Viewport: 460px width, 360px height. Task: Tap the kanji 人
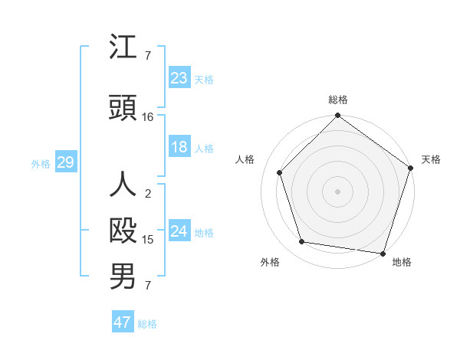[123, 185]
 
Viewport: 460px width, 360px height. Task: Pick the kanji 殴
[123, 231]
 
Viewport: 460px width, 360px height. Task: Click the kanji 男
[123, 277]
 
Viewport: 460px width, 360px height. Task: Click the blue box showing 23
[179, 78]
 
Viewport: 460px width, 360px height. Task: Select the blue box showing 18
[179, 147]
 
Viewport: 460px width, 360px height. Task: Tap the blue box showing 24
[179, 231]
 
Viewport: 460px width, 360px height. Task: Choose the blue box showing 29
[64, 162]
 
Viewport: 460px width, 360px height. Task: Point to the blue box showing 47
[123, 322]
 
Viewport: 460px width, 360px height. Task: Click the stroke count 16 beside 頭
[148, 117]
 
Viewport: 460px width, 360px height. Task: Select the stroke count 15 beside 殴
[148, 240]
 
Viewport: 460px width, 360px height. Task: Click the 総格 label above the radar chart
[338, 100]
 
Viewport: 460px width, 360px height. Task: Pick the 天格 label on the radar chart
[431, 159]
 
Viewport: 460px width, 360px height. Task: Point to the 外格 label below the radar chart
[269, 262]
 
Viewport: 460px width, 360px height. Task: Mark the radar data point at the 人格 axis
[280, 172]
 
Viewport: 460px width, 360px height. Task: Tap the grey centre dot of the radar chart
[337, 191]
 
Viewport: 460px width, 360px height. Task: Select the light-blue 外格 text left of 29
[41, 163]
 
